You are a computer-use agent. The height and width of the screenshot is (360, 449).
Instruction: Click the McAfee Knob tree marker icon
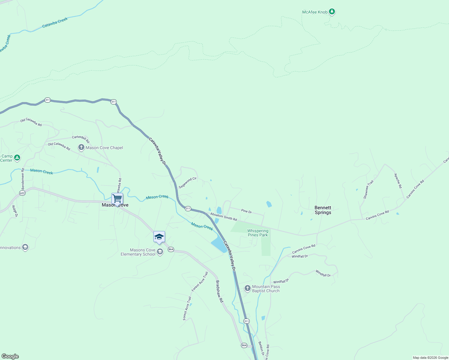[x=332, y=12]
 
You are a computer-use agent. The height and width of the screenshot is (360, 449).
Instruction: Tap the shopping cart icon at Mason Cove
[x=117, y=198]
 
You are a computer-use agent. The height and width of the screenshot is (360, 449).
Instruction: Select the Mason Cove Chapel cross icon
[x=81, y=147]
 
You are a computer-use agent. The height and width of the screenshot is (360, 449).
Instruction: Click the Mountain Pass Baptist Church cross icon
[x=247, y=288]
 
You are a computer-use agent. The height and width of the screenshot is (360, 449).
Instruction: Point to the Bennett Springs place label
[x=323, y=210]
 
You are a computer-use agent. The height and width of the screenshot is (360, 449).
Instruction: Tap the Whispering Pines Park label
[x=258, y=233]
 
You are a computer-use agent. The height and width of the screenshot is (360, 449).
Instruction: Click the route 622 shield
[x=23, y=193]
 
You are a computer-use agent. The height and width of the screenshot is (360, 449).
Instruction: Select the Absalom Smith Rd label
[x=224, y=217]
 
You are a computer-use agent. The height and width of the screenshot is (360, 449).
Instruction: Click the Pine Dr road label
[x=246, y=211]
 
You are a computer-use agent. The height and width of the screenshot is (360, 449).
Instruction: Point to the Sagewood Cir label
[x=188, y=183]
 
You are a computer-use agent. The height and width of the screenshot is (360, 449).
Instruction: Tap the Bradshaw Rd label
[x=220, y=291]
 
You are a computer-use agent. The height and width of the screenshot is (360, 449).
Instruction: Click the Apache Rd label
[x=398, y=181]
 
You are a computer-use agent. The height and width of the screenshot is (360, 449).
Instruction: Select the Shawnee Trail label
[x=368, y=189]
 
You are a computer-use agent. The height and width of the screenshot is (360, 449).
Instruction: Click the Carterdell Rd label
[x=81, y=139]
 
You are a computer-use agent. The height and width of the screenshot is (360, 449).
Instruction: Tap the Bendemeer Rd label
[x=23, y=178]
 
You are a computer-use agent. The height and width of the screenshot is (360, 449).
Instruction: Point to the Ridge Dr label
[x=15, y=211]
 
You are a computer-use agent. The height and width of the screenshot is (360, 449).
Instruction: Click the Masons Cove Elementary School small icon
[x=160, y=251]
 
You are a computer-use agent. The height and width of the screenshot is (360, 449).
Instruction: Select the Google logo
[x=10, y=356]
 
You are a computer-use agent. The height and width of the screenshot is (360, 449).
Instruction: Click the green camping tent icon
[x=17, y=157]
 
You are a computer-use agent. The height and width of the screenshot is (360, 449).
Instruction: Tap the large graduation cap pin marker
[x=159, y=237]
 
